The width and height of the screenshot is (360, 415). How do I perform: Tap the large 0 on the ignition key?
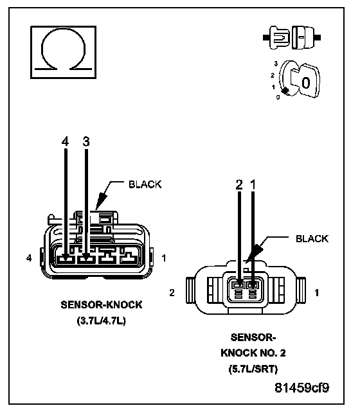(306, 83)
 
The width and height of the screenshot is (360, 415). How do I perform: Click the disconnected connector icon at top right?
(292, 38)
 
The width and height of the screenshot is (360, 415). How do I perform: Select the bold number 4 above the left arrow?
(65, 141)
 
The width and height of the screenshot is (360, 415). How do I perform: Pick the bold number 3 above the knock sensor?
(86, 141)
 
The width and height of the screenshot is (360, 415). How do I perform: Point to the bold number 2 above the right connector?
(239, 184)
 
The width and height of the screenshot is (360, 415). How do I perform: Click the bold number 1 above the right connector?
(253, 184)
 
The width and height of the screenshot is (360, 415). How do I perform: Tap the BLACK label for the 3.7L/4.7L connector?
(145, 184)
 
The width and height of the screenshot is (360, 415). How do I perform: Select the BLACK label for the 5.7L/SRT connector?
(312, 239)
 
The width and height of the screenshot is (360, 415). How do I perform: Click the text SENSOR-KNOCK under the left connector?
(102, 305)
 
